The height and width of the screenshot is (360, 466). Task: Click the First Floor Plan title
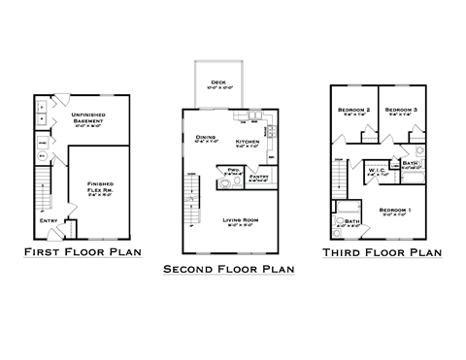pyautogui.click(x=83, y=253)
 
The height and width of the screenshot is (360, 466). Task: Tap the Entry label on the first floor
pyautogui.click(x=50, y=220)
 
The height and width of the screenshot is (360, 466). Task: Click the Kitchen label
pyautogui.click(x=248, y=143)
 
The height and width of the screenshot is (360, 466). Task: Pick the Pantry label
pyautogui.click(x=259, y=177)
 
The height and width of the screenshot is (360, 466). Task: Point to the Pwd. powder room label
pyautogui.click(x=233, y=171)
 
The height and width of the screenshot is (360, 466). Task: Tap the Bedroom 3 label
pyautogui.click(x=400, y=111)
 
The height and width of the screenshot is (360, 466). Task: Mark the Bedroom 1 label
pyautogui.click(x=395, y=211)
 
